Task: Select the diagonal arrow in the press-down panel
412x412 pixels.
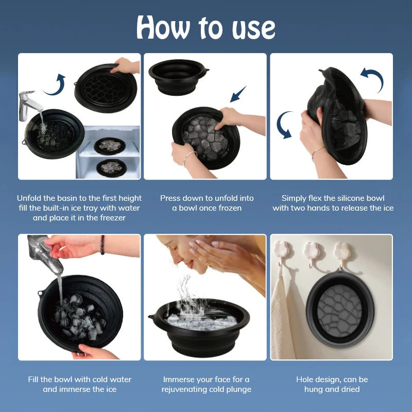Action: click(x=238, y=94)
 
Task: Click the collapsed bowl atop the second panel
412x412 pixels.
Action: click(x=178, y=77)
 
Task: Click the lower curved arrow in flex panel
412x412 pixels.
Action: click(x=285, y=126)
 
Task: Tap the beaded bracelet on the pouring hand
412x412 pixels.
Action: click(x=103, y=245)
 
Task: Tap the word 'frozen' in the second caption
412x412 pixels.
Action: click(x=228, y=208)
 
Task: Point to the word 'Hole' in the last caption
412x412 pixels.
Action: click(x=305, y=380)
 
